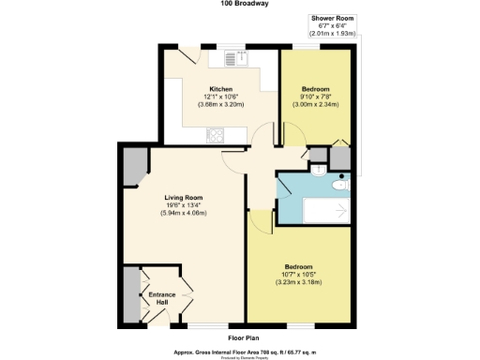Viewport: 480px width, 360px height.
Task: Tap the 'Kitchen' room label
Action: [221, 89]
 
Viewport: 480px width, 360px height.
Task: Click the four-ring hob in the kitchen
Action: [216, 135]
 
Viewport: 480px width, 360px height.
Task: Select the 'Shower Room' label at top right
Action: [333, 18]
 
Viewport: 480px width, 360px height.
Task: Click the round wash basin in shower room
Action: [320, 172]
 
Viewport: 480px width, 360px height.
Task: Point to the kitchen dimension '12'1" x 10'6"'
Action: [221, 97]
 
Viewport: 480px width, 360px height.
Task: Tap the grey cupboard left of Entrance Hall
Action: [130, 294]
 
